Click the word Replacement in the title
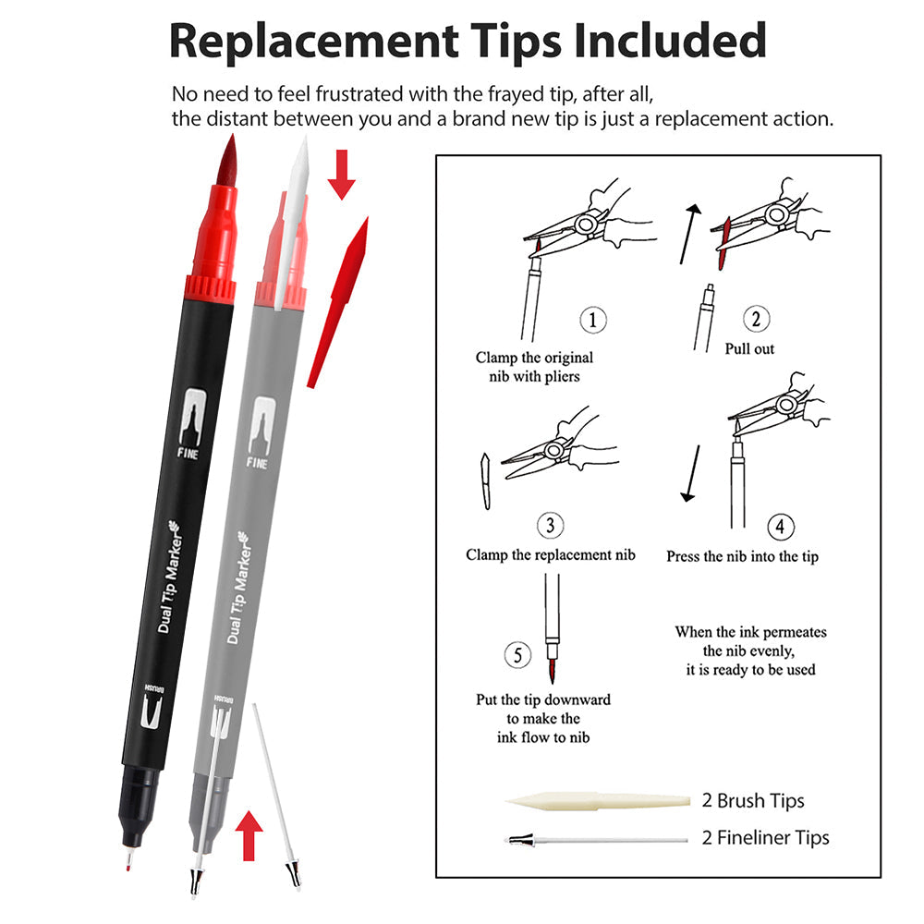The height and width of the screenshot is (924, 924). point(314,42)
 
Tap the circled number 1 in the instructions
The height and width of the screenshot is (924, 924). point(593,320)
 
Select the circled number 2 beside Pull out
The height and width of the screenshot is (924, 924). point(756,319)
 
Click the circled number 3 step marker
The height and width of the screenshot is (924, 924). point(551,525)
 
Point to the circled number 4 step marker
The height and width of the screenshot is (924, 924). point(780,527)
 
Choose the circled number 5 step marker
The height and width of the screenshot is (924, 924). point(518,655)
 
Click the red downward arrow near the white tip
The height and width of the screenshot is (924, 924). point(341,175)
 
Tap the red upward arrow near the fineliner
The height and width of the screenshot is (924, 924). point(249,835)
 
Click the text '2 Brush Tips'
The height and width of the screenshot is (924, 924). point(753,800)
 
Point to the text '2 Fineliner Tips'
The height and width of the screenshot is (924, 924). point(765,837)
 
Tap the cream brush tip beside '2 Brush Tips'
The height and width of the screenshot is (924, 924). point(598,801)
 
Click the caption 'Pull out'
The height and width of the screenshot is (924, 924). point(749,349)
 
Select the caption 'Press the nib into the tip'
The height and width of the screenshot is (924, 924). point(743,556)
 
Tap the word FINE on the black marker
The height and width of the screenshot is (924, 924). point(188,453)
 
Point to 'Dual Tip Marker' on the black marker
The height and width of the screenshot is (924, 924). point(170,577)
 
